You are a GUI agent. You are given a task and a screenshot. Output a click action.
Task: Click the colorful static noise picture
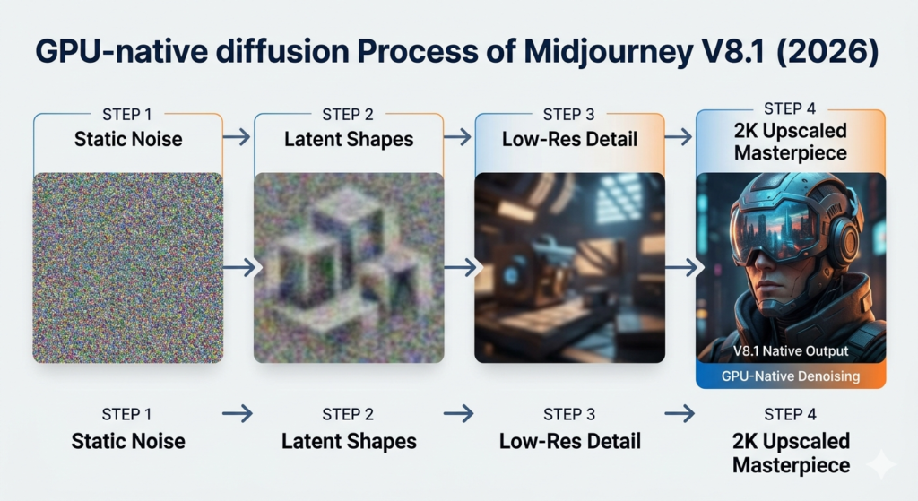coord(128,267)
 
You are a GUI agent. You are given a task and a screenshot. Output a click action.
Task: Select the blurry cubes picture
coord(349,267)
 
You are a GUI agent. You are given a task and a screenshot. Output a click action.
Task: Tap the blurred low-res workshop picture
coord(569,267)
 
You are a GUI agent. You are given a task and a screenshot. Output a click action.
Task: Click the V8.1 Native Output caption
coord(790,352)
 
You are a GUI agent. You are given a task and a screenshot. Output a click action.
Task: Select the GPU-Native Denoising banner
coord(790,376)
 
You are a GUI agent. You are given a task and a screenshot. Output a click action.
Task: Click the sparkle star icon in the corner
coord(881,463)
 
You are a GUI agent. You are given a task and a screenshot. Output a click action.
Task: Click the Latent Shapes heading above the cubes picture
coord(349,139)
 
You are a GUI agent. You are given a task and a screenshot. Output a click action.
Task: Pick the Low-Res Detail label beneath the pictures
coord(569,441)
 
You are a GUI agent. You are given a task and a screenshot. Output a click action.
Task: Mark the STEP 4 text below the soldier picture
coord(790,414)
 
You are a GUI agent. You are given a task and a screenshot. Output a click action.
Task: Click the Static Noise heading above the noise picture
coord(128,139)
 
